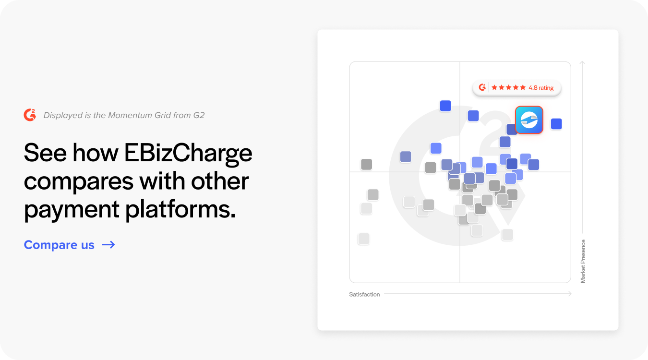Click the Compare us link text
(x=59, y=245)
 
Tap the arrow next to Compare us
(x=108, y=245)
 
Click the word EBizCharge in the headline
(x=188, y=153)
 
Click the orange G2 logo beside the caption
(x=30, y=115)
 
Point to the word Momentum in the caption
(x=128, y=115)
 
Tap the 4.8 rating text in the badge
(x=541, y=88)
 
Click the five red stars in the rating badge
(x=508, y=88)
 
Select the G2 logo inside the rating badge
(x=482, y=87)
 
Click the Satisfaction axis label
(x=364, y=294)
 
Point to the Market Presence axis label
(x=583, y=261)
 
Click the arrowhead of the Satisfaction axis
(x=570, y=294)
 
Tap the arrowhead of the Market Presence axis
(x=582, y=62)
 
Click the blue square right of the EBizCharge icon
(x=556, y=124)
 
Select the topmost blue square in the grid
(x=445, y=106)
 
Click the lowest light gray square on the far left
(x=364, y=239)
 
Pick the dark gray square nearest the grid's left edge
(x=366, y=164)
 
